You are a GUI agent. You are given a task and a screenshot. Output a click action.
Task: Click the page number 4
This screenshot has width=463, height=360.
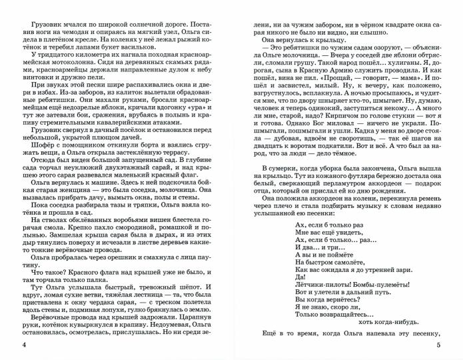pyautogui.click(x=23, y=345)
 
